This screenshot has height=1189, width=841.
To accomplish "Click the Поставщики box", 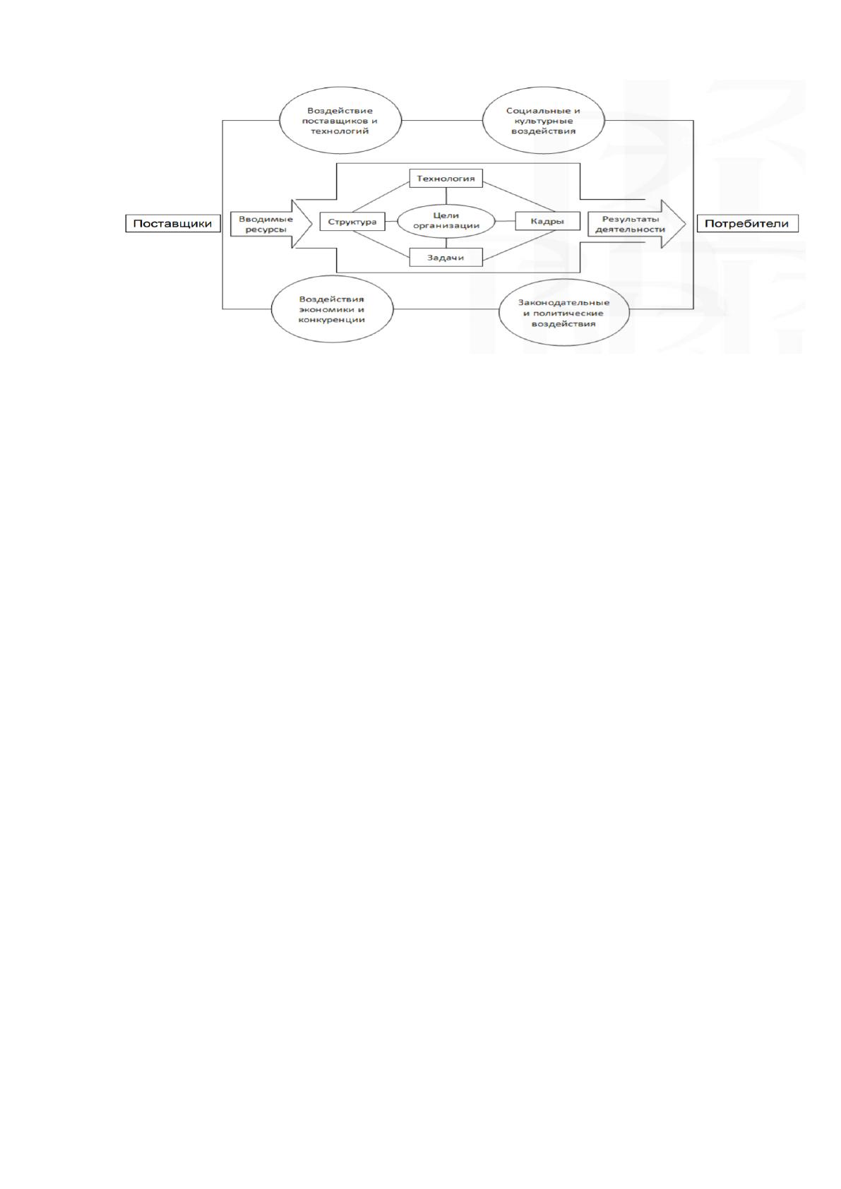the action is tap(172, 224).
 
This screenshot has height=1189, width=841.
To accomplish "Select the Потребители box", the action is tap(747, 224).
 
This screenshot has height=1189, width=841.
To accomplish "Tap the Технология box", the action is tap(446, 179).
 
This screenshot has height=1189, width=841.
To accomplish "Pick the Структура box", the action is tap(352, 221).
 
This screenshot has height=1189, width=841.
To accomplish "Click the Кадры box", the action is tap(547, 221).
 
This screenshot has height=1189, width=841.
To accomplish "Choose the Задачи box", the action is tap(446, 258).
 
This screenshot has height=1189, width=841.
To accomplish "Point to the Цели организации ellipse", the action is tap(446, 221).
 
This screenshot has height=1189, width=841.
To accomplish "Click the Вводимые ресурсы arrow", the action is tap(270, 224).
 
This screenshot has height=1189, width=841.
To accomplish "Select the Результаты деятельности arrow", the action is tap(637, 224).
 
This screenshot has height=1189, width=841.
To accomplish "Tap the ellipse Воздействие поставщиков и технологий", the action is tap(340, 121).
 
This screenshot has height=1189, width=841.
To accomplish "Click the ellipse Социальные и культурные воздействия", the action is tap(544, 121).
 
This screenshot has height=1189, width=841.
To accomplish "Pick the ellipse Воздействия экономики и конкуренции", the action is tap(333, 309).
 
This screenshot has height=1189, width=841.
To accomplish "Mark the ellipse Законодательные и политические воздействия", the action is tap(564, 313).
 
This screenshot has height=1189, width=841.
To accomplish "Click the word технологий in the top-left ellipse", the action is tap(340, 131).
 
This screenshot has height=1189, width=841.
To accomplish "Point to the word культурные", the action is tap(542, 121).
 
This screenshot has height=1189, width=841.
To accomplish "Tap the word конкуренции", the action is tap(332, 320).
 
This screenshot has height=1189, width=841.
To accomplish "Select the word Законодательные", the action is tap(564, 302).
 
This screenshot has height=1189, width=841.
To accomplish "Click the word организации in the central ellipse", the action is tap(446, 226).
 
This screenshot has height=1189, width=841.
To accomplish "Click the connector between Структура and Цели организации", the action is tap(391, 221).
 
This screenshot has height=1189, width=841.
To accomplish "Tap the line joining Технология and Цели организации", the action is tap(446, 196).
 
